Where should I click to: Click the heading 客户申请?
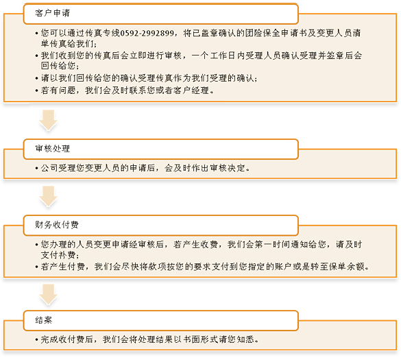tap(52, 13)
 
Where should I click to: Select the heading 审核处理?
tap(52, 148)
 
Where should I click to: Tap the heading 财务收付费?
tap(57, 225)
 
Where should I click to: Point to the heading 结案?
tap(44, 320)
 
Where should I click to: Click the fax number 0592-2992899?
tap(147, 33)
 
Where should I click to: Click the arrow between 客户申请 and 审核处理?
tap(48, 120)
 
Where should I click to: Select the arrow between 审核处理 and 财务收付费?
tap(48, 196)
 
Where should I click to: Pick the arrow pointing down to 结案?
tap(48, 294)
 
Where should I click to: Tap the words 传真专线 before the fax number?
tap(102, 33)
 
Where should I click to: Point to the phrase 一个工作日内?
tap(218, 56)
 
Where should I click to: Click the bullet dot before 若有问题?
tap(37, 91)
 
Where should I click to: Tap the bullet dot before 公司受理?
tap(37, 169)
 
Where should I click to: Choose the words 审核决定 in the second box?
tap(228, 168)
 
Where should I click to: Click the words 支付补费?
tap(58, 255)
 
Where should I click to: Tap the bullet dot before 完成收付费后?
tap(37, 340)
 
